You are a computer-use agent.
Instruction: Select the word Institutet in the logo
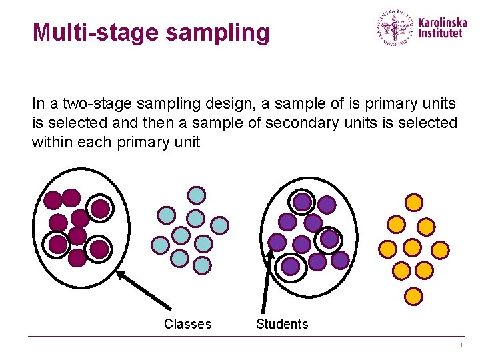(x=441, y=33)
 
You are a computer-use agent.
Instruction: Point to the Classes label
(x=187, y=324)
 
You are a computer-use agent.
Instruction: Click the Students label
(x=282, y=324)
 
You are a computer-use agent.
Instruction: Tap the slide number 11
(x=460, y=345)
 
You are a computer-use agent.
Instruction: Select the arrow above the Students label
(x=267, y=280)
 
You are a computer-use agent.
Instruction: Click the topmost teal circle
(x=197, y=195)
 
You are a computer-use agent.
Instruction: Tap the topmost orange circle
(x=414, y=201)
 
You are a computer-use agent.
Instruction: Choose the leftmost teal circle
(x=160, y=245)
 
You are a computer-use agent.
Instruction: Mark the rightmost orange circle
(x=440, y=250)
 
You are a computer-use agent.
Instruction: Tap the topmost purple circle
(x=303, y=201)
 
